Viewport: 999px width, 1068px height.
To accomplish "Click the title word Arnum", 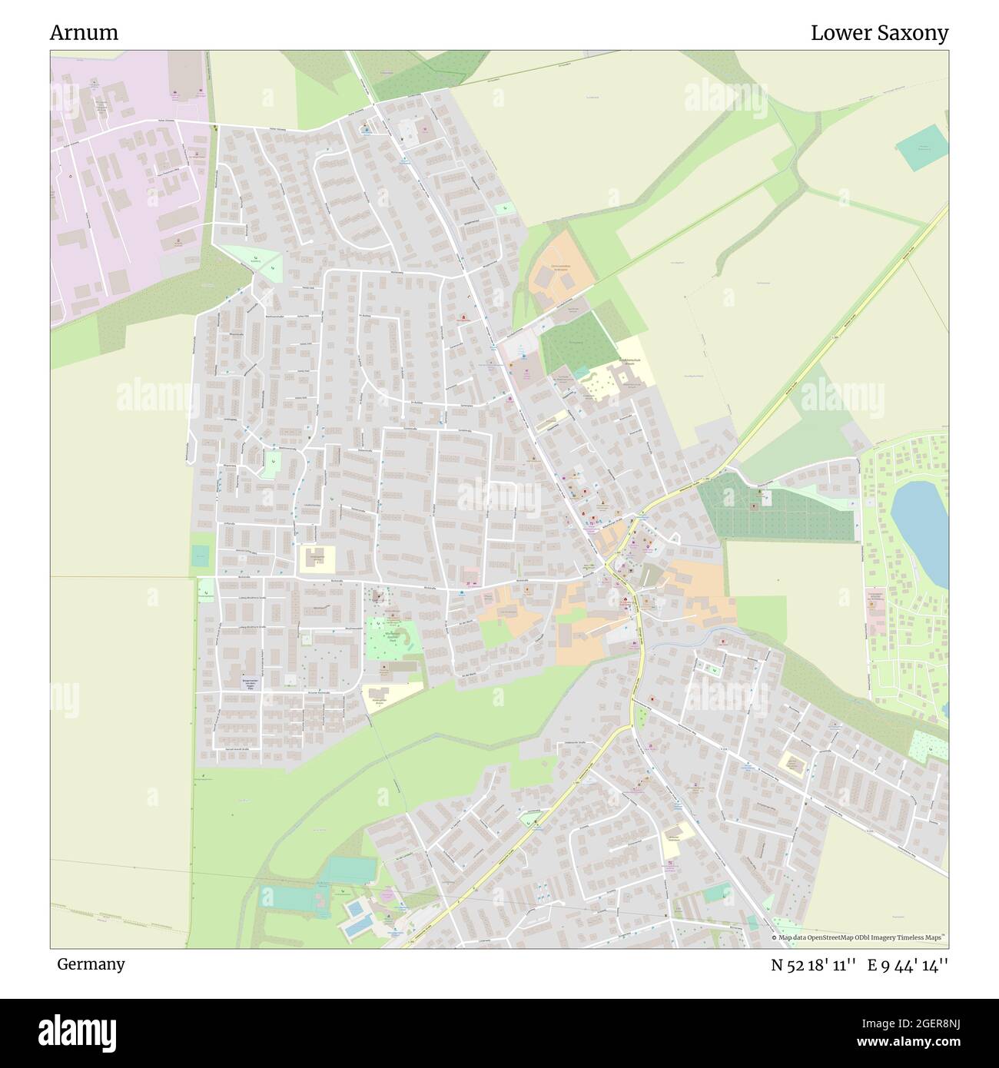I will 85,33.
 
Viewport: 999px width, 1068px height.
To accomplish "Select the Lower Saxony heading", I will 879,33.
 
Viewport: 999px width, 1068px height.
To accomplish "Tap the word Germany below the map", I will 91,964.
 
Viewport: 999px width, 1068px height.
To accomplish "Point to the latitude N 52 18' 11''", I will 815,964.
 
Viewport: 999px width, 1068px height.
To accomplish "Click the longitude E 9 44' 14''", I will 908,964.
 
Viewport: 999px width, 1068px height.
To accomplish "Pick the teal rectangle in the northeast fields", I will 922,147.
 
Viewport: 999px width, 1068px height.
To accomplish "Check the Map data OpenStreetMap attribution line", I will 859,938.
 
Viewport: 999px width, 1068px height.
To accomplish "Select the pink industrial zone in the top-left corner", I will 123,192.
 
